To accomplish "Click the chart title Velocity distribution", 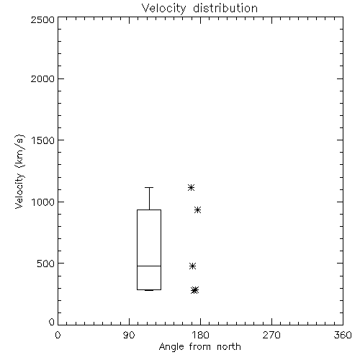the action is point(199,9).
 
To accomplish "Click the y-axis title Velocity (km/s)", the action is point(19,171).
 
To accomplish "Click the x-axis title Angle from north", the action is point(199,347).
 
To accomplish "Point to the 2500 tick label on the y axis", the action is point(42,19).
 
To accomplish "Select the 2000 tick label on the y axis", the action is point(42,78).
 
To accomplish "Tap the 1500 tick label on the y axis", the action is point(43,140).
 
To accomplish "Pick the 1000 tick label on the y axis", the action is point(43,202).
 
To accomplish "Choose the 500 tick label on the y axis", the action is point(46,264).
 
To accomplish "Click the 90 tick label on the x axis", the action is point(129,335).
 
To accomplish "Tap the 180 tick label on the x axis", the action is point(200,335).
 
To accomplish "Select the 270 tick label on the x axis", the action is point(271,335).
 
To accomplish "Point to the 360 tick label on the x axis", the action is point(343,335).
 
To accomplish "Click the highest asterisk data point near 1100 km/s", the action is point(191,187).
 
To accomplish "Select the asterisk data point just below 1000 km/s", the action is point(197,210).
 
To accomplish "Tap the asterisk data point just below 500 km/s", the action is point(192,266).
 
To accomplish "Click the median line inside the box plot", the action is point(149,266).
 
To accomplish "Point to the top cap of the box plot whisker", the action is point(149,187).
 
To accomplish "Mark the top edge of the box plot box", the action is point(149,210).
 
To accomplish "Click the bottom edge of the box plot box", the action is point(149,289).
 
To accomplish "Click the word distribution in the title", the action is point(225,9).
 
